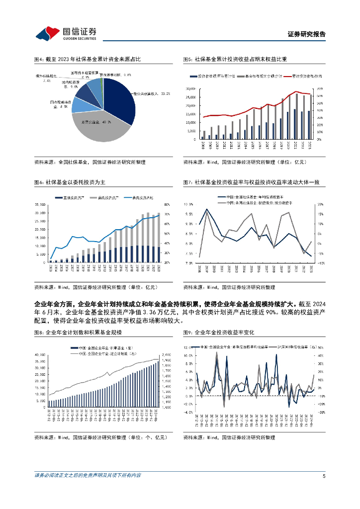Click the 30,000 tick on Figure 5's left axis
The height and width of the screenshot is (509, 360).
tap(191, 88)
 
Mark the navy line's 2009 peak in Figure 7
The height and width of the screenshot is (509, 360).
tap(206, 209)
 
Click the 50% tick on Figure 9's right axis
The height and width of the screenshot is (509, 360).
tap(321, 348)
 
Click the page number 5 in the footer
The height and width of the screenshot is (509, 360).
tap(324, 475)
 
